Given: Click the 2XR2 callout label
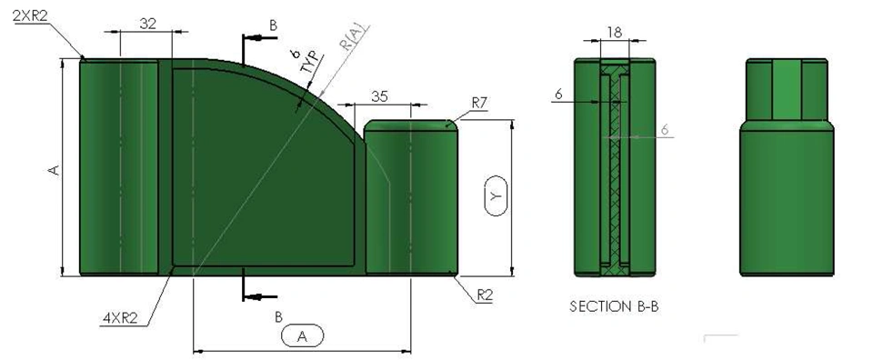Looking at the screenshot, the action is (x=30, y=16).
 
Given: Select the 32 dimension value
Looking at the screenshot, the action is (x=147, y=24).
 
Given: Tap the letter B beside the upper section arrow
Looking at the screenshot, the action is (x=273, y=25).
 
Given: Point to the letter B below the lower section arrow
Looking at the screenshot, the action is (x=278, y=317).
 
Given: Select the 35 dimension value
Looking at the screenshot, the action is (x=379, y=96).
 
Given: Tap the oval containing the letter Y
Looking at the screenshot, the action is (x=496, y=195).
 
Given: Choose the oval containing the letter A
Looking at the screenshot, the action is (x=302, y=336).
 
